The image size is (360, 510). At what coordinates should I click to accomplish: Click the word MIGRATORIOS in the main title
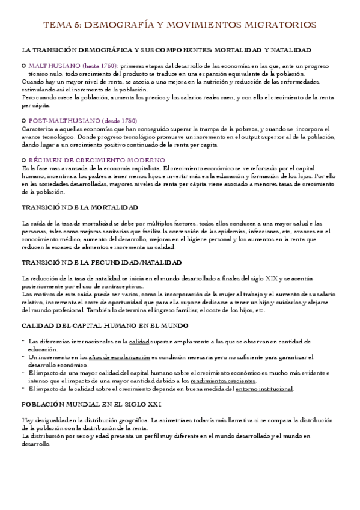[x=275, y=25]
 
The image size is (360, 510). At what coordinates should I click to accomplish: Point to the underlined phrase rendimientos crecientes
[x=222, y=381]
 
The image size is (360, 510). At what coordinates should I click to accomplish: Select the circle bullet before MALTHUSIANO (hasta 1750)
[x=23, y=64]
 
